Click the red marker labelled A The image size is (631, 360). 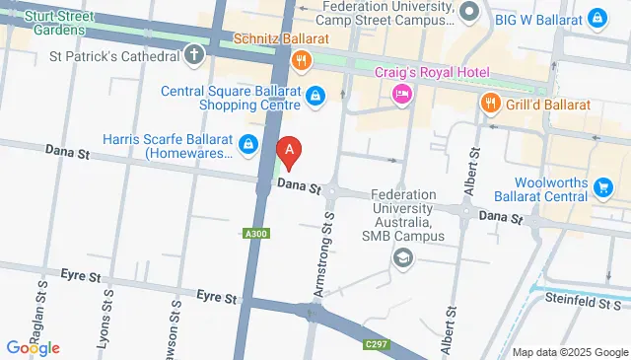click(289, 152)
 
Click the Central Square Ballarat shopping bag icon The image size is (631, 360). click(315, 96)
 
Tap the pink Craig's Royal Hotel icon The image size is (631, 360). click(401, 94)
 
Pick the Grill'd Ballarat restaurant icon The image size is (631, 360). click(489, 102)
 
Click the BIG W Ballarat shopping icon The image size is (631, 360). click(597, 18)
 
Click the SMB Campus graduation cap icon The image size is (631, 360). click(402, 257)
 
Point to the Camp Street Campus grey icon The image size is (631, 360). click(469, 13)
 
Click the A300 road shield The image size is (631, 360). click(255, 234)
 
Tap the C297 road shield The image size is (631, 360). click(374, 344)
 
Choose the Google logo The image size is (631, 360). click(34, 347)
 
